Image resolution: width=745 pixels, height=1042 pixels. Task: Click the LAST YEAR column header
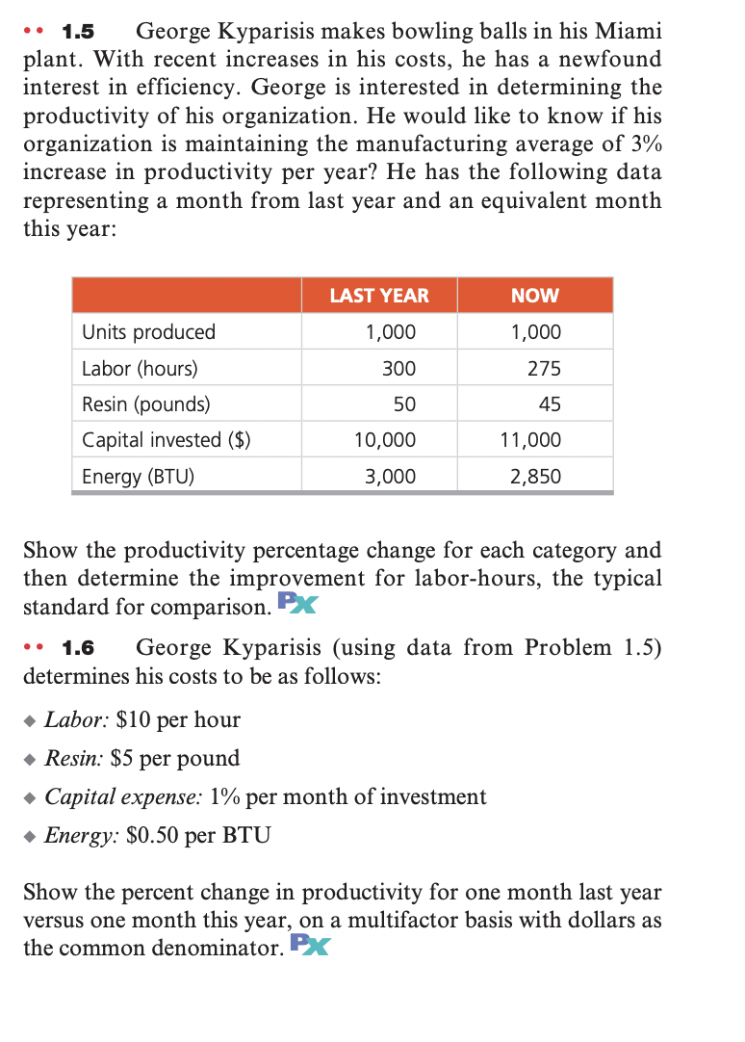(x=379, y=296)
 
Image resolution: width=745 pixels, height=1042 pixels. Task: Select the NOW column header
(x=535, y=296)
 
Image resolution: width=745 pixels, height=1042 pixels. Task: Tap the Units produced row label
(x=148, y=332)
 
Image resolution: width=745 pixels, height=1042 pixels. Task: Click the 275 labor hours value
(x=545, y=369)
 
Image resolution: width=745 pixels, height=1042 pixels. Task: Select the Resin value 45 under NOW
(x=550, y=404)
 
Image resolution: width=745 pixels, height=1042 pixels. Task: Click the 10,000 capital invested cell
(x=385, y=440)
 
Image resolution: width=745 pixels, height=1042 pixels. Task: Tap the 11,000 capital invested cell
(x=530, y=440)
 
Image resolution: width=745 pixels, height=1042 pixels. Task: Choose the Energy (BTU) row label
(x=138, y=476)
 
